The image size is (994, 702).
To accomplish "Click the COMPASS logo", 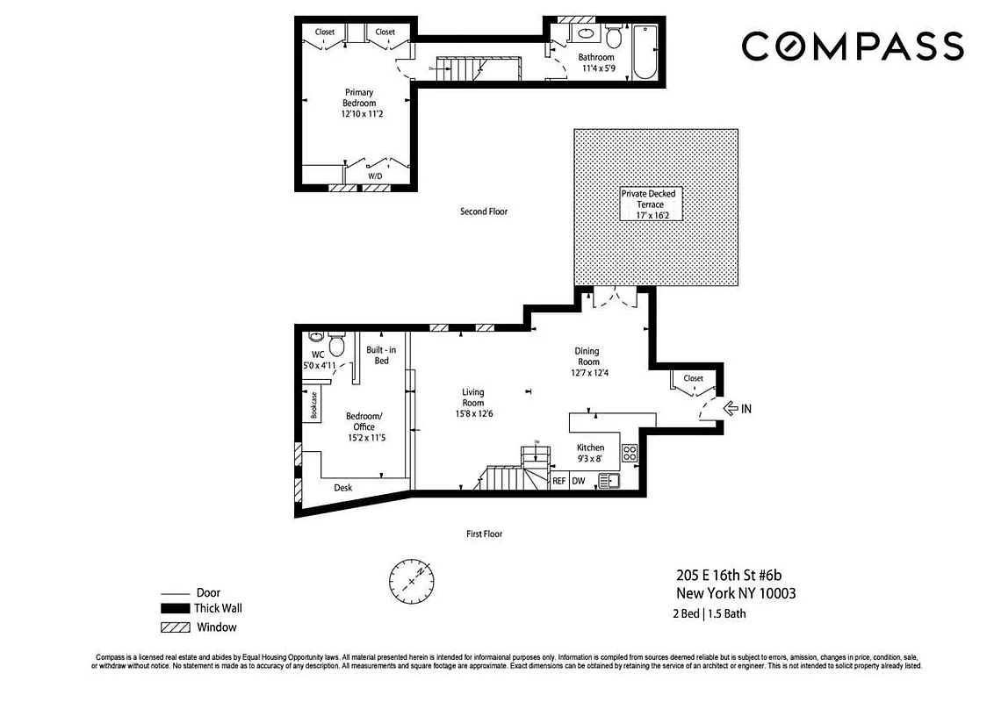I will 852,47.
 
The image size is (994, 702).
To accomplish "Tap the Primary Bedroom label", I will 358,103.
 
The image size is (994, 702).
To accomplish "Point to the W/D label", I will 375,175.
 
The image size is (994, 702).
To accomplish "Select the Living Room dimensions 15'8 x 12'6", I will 472,413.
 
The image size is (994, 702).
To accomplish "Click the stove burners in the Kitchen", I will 630,453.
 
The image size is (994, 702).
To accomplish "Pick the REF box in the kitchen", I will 558,481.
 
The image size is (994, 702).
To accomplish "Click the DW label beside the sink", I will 579,481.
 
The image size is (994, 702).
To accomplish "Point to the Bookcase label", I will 312,406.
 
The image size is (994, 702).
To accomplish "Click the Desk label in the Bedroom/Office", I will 343,488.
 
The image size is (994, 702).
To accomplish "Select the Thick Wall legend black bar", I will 176,608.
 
